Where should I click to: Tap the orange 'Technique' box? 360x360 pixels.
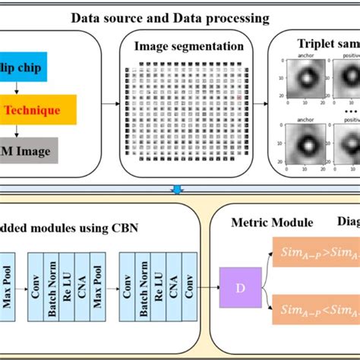tap(38, 110)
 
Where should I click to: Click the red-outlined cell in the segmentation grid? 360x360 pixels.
tap(238, 98)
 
